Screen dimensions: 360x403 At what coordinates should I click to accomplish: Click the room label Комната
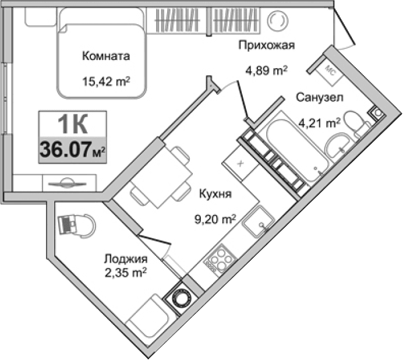coord(105,57)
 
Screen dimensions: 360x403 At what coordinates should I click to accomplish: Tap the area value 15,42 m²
coord(105,81)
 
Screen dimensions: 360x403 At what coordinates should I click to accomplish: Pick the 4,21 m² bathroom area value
coord(319,122)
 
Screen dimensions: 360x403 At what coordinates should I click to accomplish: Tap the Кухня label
coord(215,195)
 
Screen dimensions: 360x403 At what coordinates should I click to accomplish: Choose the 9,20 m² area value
coord(215,220)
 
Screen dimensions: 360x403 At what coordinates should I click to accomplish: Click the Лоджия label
coord(126,259)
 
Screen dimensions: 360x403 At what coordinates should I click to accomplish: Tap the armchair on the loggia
coord(75,225)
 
